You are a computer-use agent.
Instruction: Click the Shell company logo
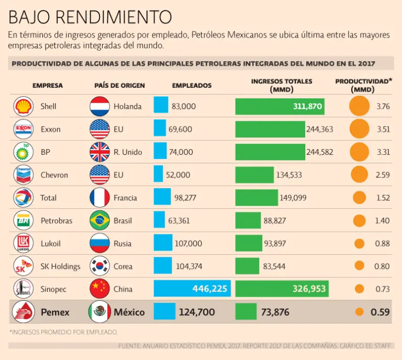[x=24, y=106]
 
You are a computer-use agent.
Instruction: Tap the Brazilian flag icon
[x=99, y=220]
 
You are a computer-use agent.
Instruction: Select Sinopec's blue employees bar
[x=192, y=288]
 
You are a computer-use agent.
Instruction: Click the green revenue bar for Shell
[x=280, y=106]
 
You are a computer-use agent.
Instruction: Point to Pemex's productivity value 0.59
[x=380, y=312]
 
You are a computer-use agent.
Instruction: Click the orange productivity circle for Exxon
[x=359, y=129]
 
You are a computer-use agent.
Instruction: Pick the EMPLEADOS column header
[x=192, y=85]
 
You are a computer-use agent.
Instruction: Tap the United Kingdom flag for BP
[x=99, y=152]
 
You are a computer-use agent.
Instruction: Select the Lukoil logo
[x=24, y=243]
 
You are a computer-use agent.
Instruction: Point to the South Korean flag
[x=99, y=266]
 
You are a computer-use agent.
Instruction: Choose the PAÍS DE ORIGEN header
[x=119, y=85]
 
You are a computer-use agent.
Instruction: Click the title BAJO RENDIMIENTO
[x=90, y=17]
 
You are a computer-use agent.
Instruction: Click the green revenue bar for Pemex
[x=246, y=312]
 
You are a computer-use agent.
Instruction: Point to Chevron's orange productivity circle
[x=359, y=175]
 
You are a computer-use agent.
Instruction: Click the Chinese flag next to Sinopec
[x=99, y=288]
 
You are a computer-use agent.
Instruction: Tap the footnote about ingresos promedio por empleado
[x=63, y=332]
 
